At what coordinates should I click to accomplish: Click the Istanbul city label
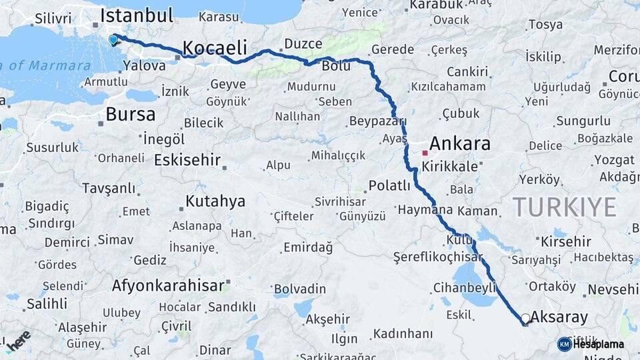(137, 15)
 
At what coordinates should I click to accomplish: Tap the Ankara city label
(459, 143)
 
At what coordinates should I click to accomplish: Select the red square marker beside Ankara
(425, 153)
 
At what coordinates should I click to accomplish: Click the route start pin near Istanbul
(113, 39)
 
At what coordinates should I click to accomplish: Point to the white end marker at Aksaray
(525, 319)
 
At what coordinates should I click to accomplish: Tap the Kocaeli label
(215, 47)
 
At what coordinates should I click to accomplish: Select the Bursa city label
(131, 114)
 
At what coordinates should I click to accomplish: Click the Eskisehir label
(187, 160)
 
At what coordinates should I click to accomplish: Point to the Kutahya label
(215, 201)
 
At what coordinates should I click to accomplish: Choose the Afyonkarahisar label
(168, 285)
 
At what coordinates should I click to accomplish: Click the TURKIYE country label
(564, 207)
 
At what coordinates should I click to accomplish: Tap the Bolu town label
(336, 66)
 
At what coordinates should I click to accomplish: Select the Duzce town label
(303, 44)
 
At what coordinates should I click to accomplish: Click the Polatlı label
(390, 185)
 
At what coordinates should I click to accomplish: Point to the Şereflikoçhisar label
(438, 257)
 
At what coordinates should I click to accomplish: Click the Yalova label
(145, 65)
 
